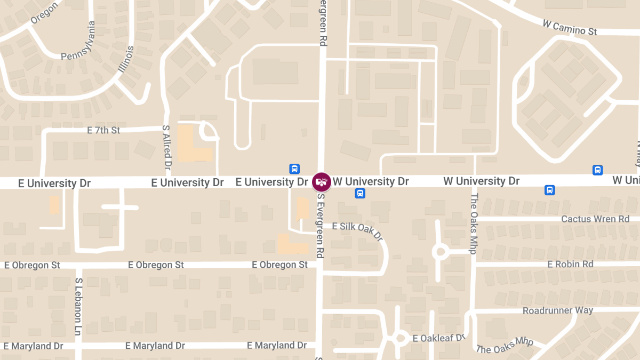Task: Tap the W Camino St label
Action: click(569, 28)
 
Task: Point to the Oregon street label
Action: click(44, 12)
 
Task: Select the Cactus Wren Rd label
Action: click(595, 219)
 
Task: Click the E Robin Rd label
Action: click(570, 264)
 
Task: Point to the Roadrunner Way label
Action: click(558, 310)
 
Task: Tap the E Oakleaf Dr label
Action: click(439, 338)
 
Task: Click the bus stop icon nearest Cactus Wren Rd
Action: click(549, 190)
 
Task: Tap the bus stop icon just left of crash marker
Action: click(294, 169)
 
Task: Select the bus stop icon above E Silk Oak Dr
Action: click(360, 193)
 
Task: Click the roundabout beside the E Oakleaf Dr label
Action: click(398, 338)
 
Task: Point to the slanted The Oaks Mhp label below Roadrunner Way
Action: click(505, 345)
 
